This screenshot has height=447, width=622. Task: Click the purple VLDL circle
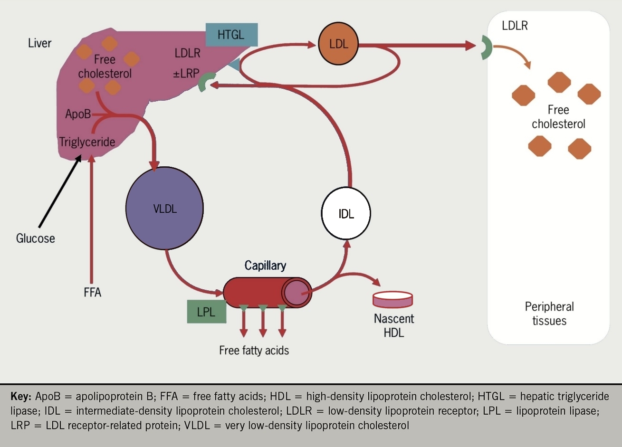click(164, 208)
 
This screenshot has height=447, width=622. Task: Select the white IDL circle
click(346, 213)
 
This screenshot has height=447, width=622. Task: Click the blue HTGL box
click(231, 34)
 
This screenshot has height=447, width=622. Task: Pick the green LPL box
click(206, 312)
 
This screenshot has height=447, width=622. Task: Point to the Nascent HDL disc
click(393, 299)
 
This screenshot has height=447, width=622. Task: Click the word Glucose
click(36, 238)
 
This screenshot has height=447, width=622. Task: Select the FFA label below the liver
click(92, 292)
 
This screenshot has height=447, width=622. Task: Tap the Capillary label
click(265, 265)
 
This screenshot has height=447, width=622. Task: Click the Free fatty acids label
click(254, 351)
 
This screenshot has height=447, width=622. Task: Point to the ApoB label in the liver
click(78, 114)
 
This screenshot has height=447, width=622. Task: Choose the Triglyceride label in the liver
click(87, 142)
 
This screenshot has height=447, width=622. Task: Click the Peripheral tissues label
click(549, 314)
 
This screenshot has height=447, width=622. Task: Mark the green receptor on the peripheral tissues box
click(486, 48)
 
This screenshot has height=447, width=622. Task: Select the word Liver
click(39, 43)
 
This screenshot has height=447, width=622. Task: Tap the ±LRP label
click(186, 74)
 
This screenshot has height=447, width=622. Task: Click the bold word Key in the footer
click(21, 397)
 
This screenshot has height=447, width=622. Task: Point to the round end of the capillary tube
click(297, 292)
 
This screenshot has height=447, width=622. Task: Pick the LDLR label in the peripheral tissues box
click(515, 25)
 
